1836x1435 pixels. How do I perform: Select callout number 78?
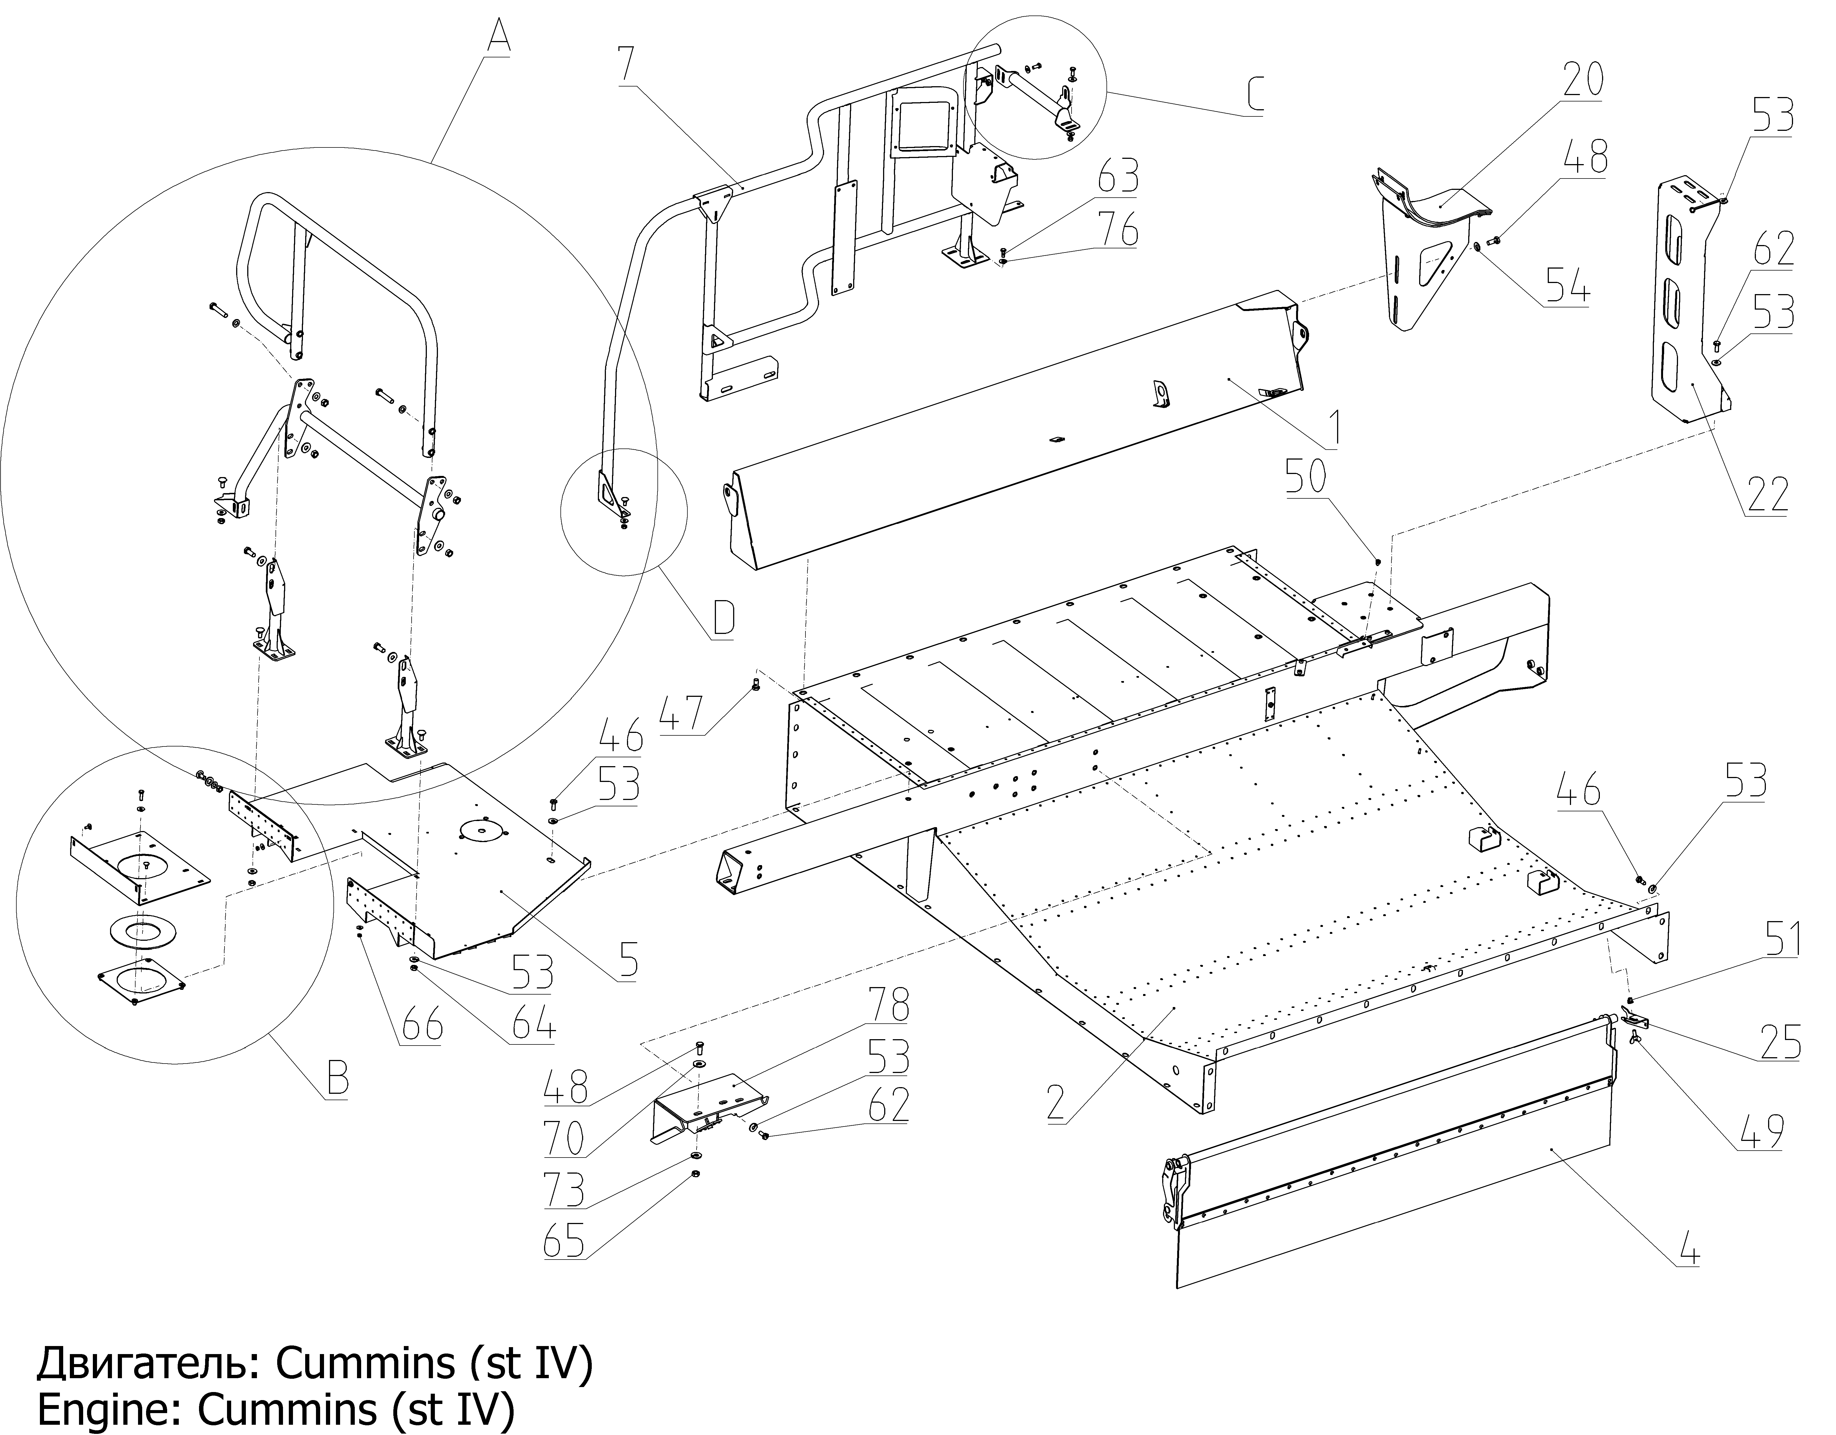coord(889,1005)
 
